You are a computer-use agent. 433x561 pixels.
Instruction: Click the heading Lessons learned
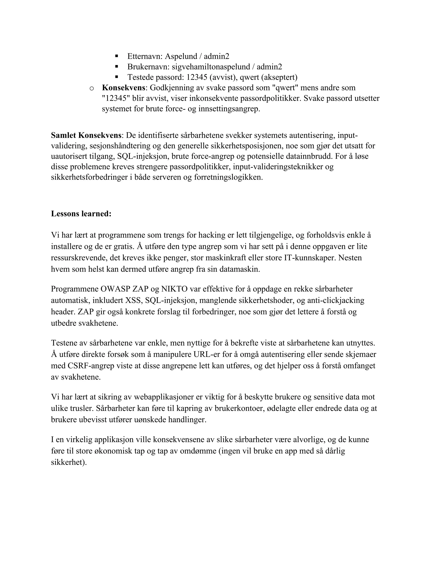pyautogui.click(x=81, y=214)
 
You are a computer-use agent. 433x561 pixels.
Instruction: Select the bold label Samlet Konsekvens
pyautogui.click(x=86, y=135)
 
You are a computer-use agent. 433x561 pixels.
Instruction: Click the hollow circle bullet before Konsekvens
pyautogui.click(x=91, y=88)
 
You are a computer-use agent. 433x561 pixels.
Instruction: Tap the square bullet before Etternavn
pyautogui.click(x=117, y=56)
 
